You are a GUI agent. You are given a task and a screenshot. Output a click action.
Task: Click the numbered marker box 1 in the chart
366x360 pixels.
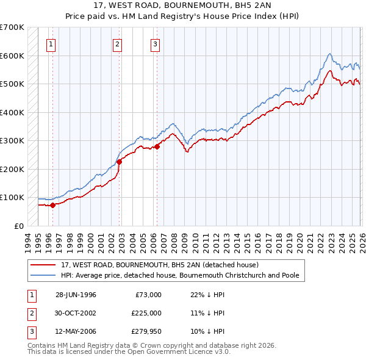point(51,43)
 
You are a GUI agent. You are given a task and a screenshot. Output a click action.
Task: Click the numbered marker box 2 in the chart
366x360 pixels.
point(117,43)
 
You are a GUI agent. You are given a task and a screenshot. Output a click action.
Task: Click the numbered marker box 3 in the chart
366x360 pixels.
point(155,43)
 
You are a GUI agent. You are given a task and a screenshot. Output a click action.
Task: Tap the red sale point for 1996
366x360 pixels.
point(53,205)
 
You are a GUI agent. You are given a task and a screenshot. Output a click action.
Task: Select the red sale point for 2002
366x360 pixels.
point(120,162)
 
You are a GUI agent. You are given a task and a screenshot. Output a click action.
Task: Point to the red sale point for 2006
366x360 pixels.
point(157,146)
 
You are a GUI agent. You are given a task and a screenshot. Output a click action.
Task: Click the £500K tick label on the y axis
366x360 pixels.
point(12,84)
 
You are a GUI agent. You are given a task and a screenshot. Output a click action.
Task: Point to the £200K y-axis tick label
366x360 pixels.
point(12,169)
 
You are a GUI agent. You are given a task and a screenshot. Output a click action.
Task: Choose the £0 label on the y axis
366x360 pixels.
point(19,226)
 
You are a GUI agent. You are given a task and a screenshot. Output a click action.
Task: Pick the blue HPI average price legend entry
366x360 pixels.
point(179,276)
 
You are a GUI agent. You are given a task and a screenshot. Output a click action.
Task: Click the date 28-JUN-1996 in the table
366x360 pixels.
point(76,294)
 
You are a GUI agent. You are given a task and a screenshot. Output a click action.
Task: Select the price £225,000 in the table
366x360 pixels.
point(146,313)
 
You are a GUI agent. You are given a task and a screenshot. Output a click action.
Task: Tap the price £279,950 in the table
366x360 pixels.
point(146,332)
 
